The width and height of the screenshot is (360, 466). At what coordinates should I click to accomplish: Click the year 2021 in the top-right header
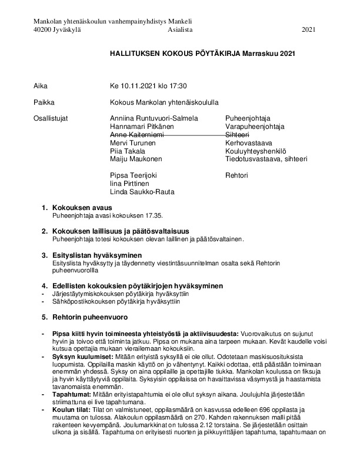click(x=309, y=29)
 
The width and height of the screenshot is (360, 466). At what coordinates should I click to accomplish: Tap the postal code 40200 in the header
click(x=43, y=29)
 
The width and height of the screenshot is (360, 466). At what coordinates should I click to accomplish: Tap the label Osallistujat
click(x=51, y=118)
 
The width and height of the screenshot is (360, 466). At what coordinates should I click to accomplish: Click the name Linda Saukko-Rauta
click(x=142, y=192)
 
